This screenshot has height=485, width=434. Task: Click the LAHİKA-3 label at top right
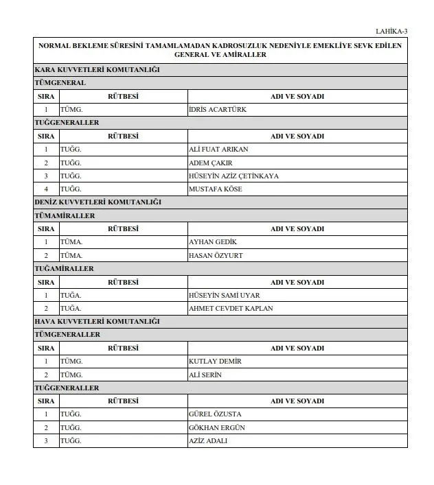coord(391,31)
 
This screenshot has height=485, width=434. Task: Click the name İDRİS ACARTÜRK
coord(217,110)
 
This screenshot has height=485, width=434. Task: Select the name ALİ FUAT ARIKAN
coord(218,150)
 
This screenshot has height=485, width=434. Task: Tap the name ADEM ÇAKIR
coord(210,163)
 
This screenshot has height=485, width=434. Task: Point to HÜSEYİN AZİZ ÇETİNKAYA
coord(233,176)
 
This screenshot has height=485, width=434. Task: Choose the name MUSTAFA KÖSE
coord(215,189)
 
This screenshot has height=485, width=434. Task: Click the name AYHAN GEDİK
coord(212,242)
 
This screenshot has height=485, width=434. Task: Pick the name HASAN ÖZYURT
coord(215,255)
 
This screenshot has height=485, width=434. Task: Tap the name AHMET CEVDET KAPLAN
coord(230,309)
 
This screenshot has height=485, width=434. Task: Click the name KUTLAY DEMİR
coord(215,362)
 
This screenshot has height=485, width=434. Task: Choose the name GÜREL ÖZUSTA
coord(214,414)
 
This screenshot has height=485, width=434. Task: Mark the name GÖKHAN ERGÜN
coord(216,428)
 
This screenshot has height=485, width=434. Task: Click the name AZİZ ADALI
coord(207,441)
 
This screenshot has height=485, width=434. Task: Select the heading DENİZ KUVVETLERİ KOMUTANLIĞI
coord(98,202)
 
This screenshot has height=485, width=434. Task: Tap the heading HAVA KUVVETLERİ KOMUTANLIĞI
coord(97,322)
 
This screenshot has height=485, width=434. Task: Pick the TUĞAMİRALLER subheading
coord(64,269)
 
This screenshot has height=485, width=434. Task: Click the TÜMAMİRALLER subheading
coord(65,216)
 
